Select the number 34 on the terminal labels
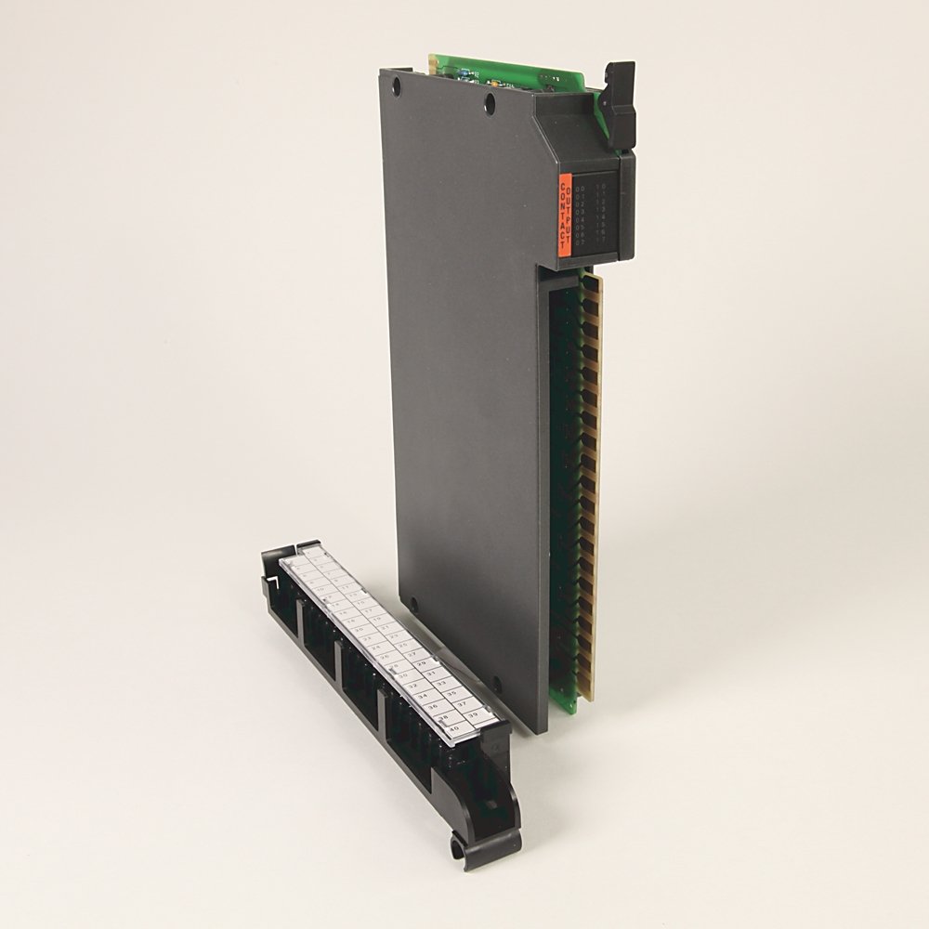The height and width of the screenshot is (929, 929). coord(423,695)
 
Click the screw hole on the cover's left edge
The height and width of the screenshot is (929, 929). coord(413,605)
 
